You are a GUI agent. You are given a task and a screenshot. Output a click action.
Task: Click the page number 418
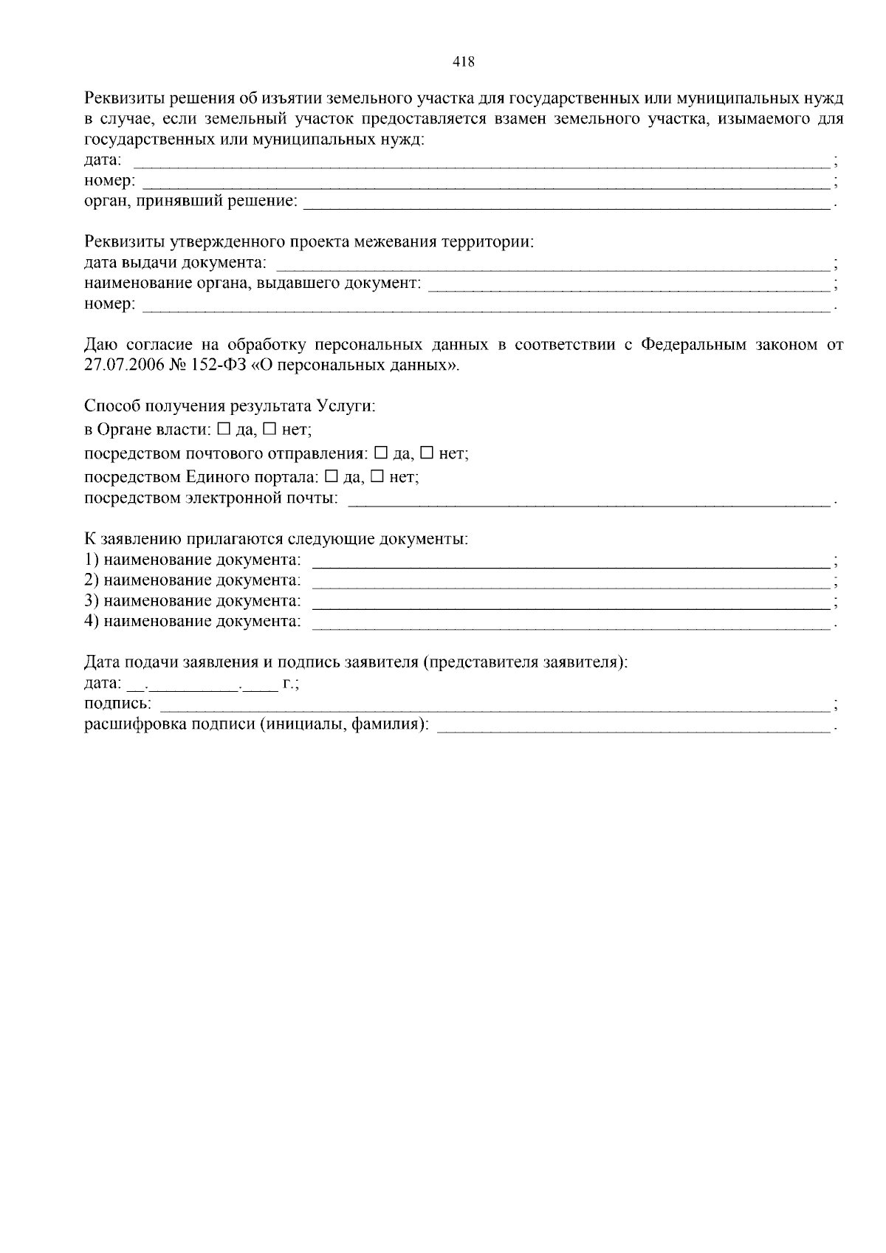(463, 62)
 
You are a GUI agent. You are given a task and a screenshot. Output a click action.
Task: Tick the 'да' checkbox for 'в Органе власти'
(224, 428)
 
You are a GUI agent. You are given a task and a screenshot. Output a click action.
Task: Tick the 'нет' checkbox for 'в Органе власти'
(269, 428)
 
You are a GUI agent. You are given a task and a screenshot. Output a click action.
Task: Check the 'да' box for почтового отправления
(381, 453)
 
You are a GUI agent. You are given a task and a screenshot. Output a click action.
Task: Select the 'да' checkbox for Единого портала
(331, 476)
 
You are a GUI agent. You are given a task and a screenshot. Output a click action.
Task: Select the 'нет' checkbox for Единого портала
(377, 476)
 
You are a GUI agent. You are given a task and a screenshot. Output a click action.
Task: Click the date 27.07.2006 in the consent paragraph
(120, 365)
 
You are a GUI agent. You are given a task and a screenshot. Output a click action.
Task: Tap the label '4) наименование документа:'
(193, 622)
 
